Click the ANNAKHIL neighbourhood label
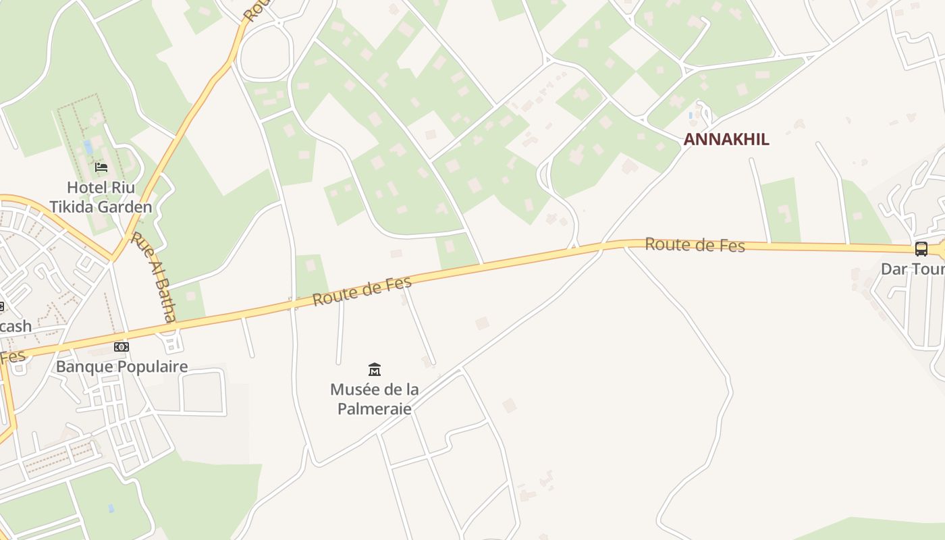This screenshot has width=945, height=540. pos(726,140)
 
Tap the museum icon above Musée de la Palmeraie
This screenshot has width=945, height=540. pos(375,369)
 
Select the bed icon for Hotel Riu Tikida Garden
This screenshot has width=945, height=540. pos(101,167)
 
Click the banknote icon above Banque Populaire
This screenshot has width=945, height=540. pos(122,347)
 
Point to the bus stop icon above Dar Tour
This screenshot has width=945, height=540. pos(921,249)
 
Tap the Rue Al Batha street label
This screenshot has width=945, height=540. pos(155,277)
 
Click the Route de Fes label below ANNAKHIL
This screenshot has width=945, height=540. pos(695,244)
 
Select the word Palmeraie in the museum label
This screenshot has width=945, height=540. pos(375,408)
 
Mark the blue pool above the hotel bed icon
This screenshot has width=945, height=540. pos(88,147)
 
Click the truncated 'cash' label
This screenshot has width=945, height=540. pos(16,327)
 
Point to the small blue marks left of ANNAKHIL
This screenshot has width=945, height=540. pos(691,116)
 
